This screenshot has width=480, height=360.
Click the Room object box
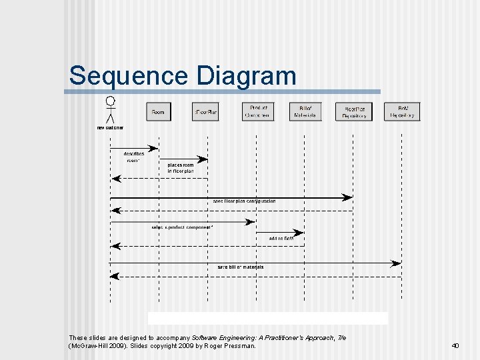(158, 112)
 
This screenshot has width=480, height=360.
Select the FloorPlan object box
(205, 112)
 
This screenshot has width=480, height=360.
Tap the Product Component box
(259, 112)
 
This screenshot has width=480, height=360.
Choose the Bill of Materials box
(305, 112)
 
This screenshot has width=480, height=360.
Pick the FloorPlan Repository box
(354, 112)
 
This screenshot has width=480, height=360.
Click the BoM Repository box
(403, 112)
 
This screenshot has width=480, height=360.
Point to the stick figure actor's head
(111, 101)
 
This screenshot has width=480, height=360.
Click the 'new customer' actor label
(110, 127)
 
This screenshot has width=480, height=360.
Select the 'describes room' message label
(133, 157)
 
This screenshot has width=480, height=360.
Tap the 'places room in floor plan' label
(180, 168)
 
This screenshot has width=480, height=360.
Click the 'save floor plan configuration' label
(244, 201)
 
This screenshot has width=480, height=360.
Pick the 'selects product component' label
(183, 227)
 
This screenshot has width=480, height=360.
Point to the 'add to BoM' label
(281, 238)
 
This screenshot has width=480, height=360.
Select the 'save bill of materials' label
(240, 267)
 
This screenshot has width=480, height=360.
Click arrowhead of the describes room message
(155, 148)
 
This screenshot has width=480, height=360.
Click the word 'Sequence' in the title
(125, 75)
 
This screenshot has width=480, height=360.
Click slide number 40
(455, 345)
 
